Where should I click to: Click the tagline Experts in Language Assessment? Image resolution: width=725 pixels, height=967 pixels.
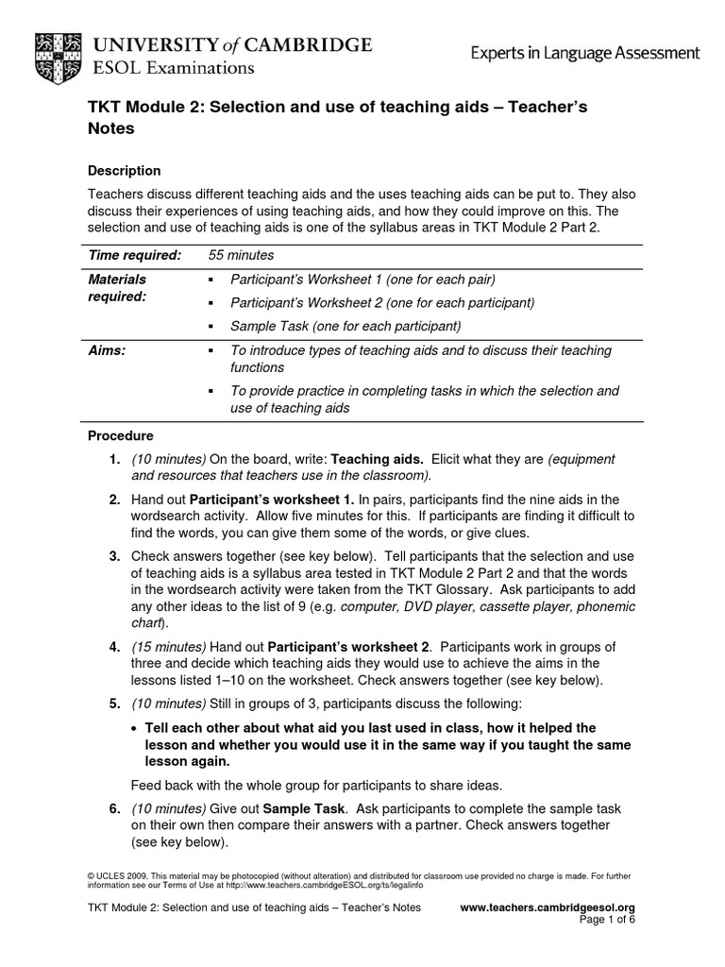[585, 54]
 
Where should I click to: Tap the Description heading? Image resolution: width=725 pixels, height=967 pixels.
[124, 171]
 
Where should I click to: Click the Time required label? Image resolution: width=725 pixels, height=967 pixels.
[134, 255]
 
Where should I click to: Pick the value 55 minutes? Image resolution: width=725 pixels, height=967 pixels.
[241, 255]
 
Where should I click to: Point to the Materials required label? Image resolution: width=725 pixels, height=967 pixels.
[117, 288]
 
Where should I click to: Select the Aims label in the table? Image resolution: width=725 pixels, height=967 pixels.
[107, 350]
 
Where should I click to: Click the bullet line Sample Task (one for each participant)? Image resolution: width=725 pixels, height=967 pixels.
[346, 326]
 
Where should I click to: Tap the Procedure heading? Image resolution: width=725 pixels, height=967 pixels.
[121, 436]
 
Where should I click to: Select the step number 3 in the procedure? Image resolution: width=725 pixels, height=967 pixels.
[113, 556]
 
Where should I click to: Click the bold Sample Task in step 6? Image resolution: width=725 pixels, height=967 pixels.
[293, 808]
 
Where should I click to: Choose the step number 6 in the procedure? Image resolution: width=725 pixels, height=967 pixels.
[113, 808]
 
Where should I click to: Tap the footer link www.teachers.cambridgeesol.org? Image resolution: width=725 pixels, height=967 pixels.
[547, 908]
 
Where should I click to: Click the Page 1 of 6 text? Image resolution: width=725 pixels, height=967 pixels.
[607, 921]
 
